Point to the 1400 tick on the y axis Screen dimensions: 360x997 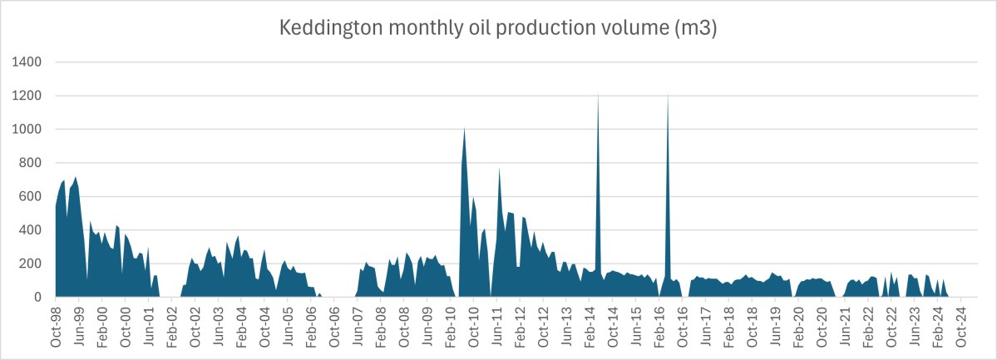point(27,62)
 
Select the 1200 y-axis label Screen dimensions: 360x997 point(27,96)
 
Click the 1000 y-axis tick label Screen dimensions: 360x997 point(27,130)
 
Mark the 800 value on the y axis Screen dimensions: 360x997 point(31,163)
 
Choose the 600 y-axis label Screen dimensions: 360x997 point(31,196)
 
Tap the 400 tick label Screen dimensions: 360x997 point(31,230)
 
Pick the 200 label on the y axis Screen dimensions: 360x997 point(31,264)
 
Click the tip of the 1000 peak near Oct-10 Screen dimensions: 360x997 point(464,129)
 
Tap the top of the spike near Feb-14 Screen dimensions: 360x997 point(598,96)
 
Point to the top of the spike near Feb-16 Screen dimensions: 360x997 point(668,96)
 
